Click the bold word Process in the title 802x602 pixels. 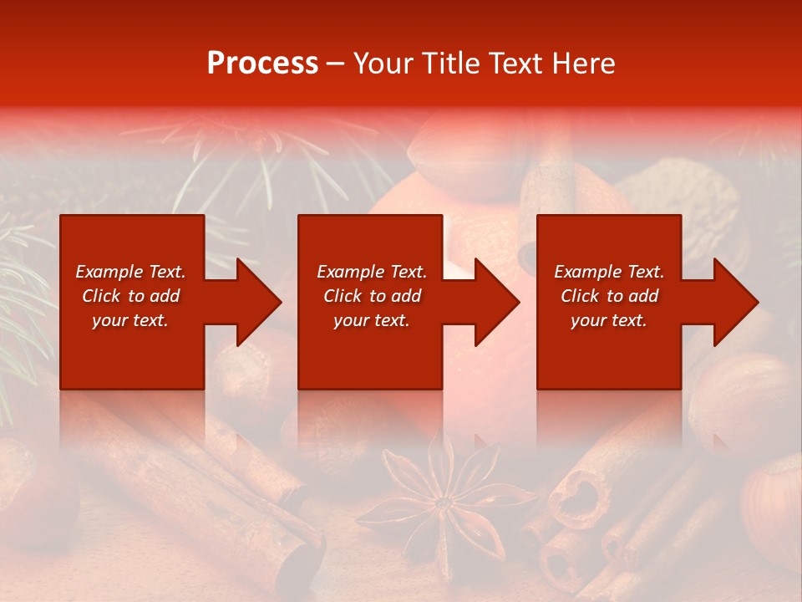pos(262,64)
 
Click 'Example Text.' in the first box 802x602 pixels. pos(130,272)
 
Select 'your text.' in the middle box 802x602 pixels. pos(371,320)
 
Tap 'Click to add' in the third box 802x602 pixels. pos(609,296)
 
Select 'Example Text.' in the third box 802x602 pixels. pos(609,272)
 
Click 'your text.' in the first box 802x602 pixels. pos(130,320)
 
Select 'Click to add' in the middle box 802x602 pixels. pos(372,296)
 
